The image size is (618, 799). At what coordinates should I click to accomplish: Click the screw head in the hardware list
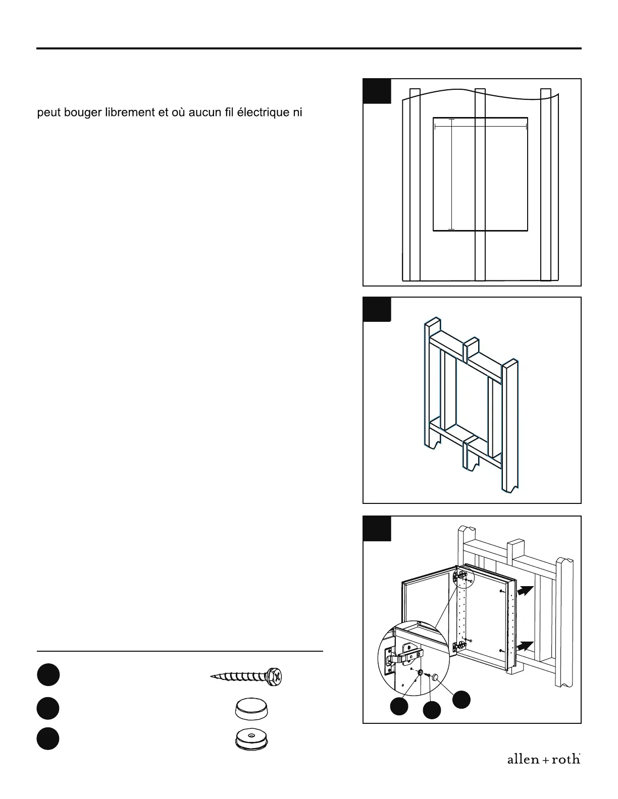tap(275, 675)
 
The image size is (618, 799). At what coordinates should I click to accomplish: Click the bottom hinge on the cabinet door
tap(459, 645)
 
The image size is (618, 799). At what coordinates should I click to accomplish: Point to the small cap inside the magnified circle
tap(434, 676)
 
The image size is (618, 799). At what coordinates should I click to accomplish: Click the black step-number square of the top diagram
tap(377, 91)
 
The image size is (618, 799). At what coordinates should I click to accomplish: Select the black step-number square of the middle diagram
tap(377, 309)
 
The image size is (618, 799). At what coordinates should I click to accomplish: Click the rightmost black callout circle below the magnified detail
tap(461, 699)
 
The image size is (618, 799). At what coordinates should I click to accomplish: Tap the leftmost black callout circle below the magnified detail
tap(400, 706)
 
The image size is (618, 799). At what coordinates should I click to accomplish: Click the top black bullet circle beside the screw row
tap(48, 675)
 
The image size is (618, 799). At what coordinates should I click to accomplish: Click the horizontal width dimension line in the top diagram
tap(480, 125)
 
